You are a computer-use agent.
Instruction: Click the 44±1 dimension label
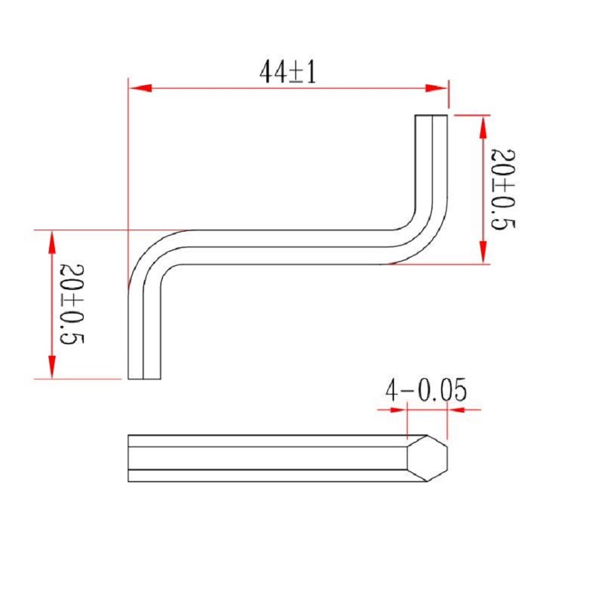[x=288, y=73]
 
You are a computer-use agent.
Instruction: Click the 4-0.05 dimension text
[x=426, y=390]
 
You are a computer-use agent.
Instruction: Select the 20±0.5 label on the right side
[x=503, y=190]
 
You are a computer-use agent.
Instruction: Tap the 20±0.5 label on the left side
[x=71, y=304]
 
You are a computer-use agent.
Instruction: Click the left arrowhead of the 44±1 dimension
[x=141, y=88]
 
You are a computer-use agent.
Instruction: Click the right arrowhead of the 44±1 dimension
[x=436, y=88]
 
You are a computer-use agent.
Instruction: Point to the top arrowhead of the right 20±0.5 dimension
[x=483, y=128]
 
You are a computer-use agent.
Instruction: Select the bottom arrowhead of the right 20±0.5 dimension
[x=483, y=252]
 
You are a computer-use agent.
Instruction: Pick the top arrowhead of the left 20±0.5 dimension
[x=52, y=242]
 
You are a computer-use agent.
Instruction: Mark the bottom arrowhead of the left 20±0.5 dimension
[x=52, y=367]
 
